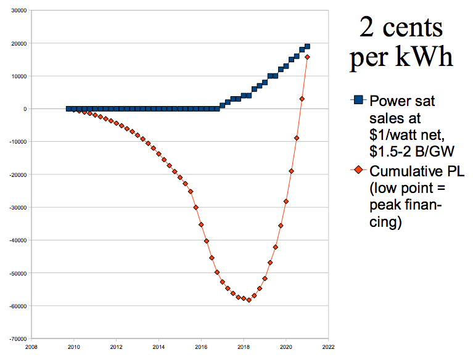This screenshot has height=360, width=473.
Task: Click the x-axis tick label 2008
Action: click(31, 346)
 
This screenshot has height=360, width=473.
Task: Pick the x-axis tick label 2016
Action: click(200, 346)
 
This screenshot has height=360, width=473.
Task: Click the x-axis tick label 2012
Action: click(116, 346)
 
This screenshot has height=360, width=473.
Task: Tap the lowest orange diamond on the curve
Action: click(249, 300)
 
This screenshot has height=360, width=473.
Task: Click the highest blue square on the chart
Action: click(307, 47)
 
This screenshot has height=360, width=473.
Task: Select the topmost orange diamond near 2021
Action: click(307, 57)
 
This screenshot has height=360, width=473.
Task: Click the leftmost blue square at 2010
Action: click(68, 108)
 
